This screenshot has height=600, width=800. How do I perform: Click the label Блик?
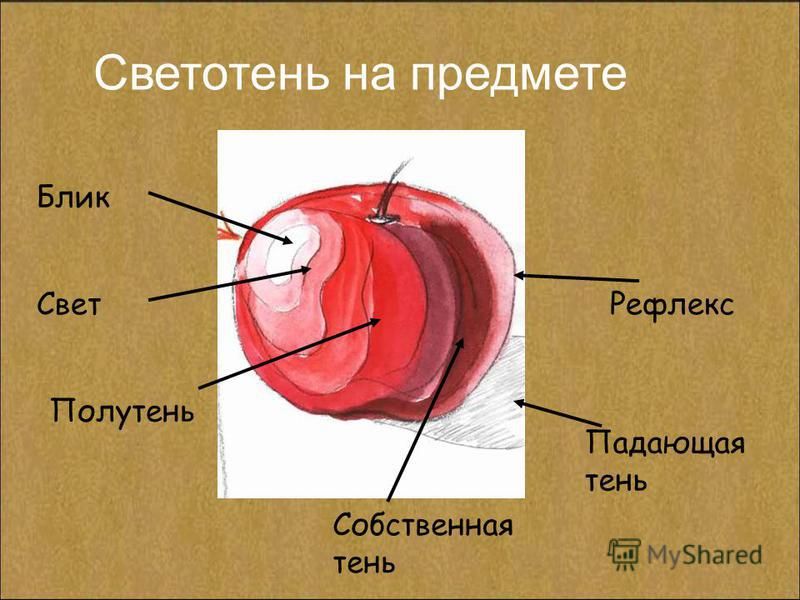click(73, 197)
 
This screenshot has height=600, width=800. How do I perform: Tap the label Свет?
click(69, 305)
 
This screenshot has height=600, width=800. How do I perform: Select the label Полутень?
click(122, 410)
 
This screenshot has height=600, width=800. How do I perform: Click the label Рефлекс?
click(671, 305)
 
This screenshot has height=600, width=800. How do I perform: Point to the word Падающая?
click(665, 443)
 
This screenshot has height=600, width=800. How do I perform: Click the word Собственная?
click(423, 525)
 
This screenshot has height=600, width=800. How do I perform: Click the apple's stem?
click(389, 191)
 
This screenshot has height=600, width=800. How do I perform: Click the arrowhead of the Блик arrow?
click(288, 240)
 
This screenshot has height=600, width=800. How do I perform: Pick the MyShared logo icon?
click(624, 553)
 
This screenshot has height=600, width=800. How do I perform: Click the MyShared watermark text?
click(705, 555)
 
